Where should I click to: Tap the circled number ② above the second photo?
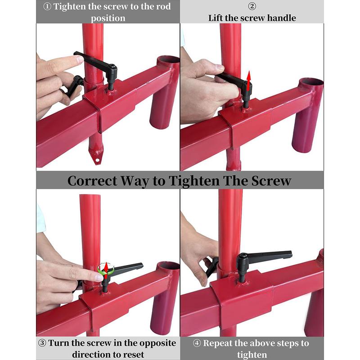pyautogui.click(x=252, y=7)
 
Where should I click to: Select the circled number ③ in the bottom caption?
pyautogui.click(x=42, y=343)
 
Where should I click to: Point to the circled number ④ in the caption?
pyautogui.click(x=197, y=343)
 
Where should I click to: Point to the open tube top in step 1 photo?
pyautogui.click(x=168, y=60)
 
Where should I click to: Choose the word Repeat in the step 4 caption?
pyautogui.click(x=221, y=343)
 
